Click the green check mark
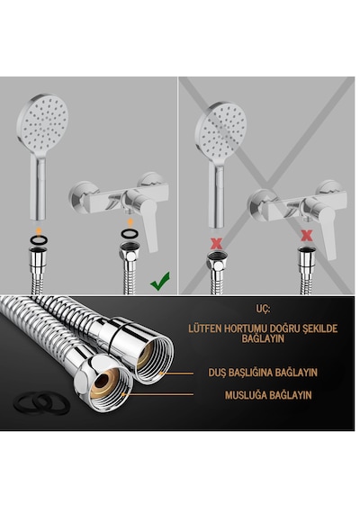click(160, 281)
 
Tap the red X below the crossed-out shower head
click(216, 244)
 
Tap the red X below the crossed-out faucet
click(306, 235)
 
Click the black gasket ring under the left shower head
click(39, 240)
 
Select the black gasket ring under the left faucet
click(130, 234)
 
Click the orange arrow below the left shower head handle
click(39, 231)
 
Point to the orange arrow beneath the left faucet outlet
click(130, 223)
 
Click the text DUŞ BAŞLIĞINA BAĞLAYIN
click(263, 373)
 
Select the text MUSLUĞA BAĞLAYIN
click(268, 395)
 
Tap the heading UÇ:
click(263, 309)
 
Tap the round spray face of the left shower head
click(43, 121)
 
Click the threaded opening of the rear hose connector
click(154, 359)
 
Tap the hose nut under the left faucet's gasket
click(130, 252)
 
